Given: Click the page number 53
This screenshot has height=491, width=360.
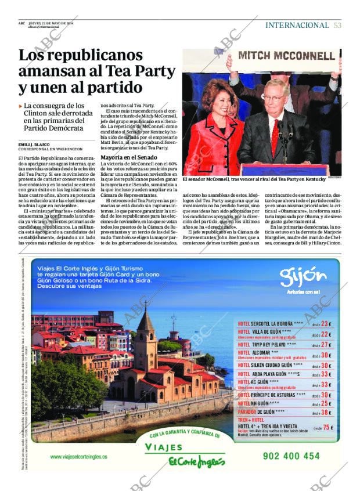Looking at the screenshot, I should point(337,25).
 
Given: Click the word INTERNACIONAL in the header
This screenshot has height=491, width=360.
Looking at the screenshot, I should point(297,25).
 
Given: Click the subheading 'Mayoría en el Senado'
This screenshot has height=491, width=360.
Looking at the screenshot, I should point(128,157).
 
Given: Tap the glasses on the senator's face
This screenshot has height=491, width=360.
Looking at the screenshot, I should point(273,98).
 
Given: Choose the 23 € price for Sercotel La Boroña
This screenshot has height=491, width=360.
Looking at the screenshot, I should point(325,324).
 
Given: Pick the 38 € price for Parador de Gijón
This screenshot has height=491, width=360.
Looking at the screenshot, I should point(325,413).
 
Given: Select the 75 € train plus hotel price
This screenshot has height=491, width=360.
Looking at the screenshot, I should point(327,428).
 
